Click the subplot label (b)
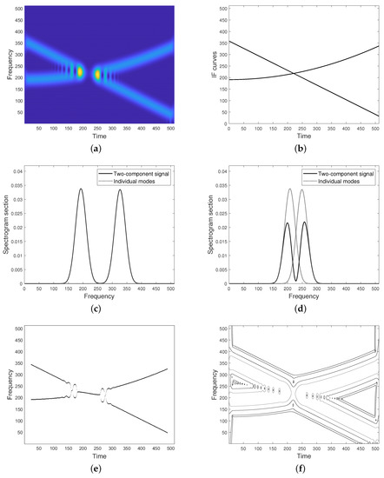(293, 149)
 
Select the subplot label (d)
(293, 309)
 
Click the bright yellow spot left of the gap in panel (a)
(79, 73)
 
